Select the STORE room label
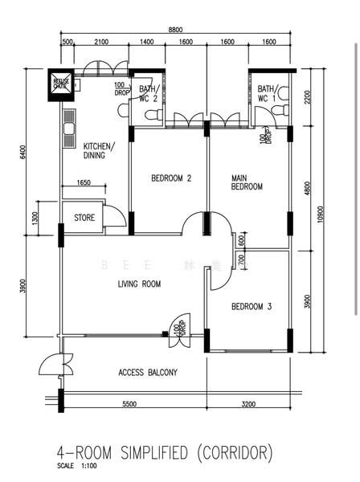point(84,218)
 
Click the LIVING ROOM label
point(139,284)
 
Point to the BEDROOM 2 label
point(170,178)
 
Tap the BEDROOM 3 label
point(251,306)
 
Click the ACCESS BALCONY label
point(147,372)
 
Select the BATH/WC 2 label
point(149,94)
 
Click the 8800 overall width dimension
point(174,29)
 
